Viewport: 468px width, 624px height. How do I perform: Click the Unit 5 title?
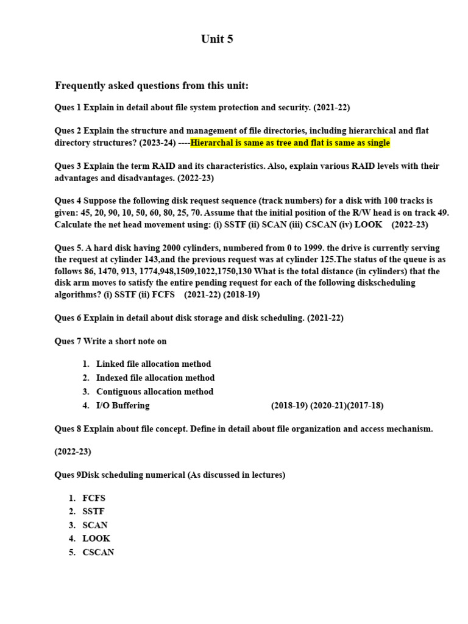(217, 40)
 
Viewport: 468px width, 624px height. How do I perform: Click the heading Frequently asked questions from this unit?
(152, 86)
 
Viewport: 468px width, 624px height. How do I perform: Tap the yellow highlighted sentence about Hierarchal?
(290, 143)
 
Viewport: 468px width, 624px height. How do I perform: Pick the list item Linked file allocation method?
(154, 364)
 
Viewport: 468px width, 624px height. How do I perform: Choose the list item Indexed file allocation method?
(155, 378)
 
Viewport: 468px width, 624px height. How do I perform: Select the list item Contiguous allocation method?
(155, 392)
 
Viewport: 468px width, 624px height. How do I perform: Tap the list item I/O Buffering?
(122, 406)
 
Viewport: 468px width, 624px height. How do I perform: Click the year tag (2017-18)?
(365, 406)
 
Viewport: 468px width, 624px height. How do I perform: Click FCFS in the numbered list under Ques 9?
(94, 498)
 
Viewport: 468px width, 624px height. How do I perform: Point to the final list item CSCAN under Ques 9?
(98, 553)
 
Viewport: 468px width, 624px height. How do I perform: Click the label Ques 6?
(68, 318)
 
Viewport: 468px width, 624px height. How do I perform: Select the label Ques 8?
(68, 429)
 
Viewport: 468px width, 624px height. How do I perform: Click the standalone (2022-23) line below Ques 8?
(73, 452)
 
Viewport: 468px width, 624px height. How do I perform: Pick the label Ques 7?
(68, 341)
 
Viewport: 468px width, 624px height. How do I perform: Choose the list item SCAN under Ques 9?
(95, 525)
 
